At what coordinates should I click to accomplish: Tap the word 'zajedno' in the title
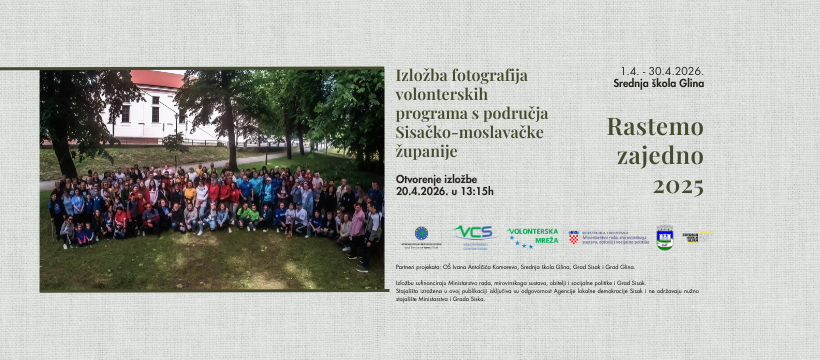660,156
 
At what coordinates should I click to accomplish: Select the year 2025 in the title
678,186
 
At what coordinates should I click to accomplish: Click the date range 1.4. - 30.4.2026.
662,71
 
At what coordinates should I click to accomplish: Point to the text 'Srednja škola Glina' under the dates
662,83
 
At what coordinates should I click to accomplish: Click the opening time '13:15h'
473,191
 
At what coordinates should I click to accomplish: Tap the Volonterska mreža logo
533,237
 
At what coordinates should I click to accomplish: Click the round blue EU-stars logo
421,233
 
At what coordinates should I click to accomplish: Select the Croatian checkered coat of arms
574,238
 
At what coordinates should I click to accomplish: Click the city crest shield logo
665,237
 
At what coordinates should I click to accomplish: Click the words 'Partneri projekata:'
417,267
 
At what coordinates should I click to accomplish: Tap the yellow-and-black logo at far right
697,237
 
